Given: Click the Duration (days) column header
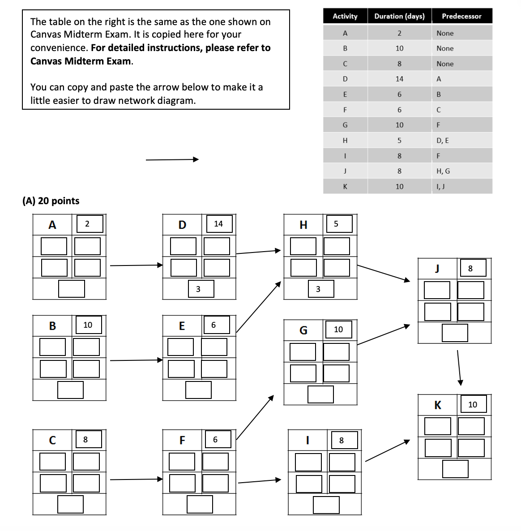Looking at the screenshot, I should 399,16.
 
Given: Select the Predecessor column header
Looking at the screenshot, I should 461,16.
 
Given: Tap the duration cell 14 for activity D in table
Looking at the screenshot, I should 399,79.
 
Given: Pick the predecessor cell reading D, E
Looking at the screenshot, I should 443,141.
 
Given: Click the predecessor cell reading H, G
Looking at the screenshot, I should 443,171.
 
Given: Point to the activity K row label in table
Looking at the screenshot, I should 345,187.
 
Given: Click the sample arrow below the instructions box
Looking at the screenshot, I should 172,159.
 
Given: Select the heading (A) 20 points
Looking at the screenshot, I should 51,201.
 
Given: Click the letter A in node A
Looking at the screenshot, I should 52,225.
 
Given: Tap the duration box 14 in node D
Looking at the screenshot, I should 218,224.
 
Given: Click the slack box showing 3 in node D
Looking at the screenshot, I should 198,289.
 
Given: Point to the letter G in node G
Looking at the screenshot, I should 303,330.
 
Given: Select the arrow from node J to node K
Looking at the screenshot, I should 459,367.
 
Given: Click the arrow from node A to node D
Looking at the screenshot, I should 136,265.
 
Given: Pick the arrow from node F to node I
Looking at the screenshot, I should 259,481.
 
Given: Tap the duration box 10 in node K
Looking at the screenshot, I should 473,405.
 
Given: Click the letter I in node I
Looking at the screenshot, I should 307,441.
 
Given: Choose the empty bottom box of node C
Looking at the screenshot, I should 70,505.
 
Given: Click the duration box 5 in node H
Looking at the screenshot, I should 336,224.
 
